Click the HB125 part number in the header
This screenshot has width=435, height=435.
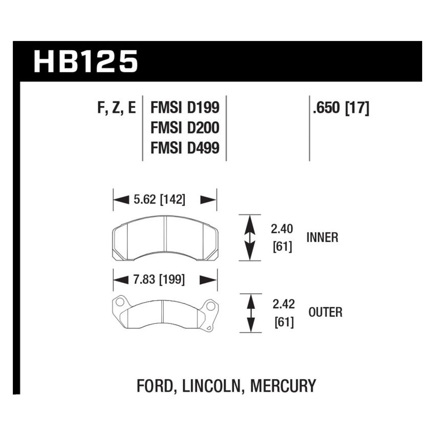point(86,61)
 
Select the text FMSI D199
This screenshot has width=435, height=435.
point(185,107)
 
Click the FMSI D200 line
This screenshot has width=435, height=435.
point(185,127)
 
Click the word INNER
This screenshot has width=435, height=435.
point(322,238)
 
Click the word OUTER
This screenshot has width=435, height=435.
point(325,312)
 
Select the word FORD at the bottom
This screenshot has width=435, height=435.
point(157,385)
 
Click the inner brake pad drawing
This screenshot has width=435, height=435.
point(165,238)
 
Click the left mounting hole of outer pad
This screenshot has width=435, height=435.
point(120,302)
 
